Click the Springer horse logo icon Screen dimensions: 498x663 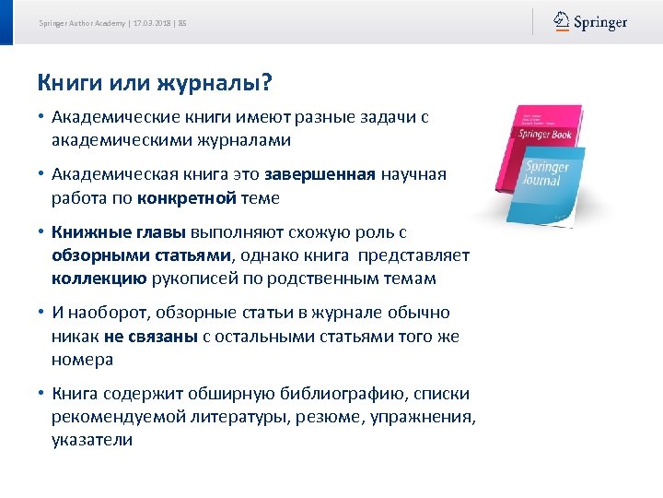(x=562, y=21)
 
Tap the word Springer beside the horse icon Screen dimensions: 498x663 (x=600, y=22)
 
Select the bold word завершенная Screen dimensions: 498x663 (x=320, y=173)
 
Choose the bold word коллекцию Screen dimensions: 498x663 (x=93, y=279)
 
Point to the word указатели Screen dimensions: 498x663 (x=92, y=440)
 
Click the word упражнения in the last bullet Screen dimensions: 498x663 (x=430, y=417)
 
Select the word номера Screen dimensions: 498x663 (x=83, y=360)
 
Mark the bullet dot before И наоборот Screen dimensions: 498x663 (x=42, y=314)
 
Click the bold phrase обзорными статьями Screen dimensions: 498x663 (x=143, y=255)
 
